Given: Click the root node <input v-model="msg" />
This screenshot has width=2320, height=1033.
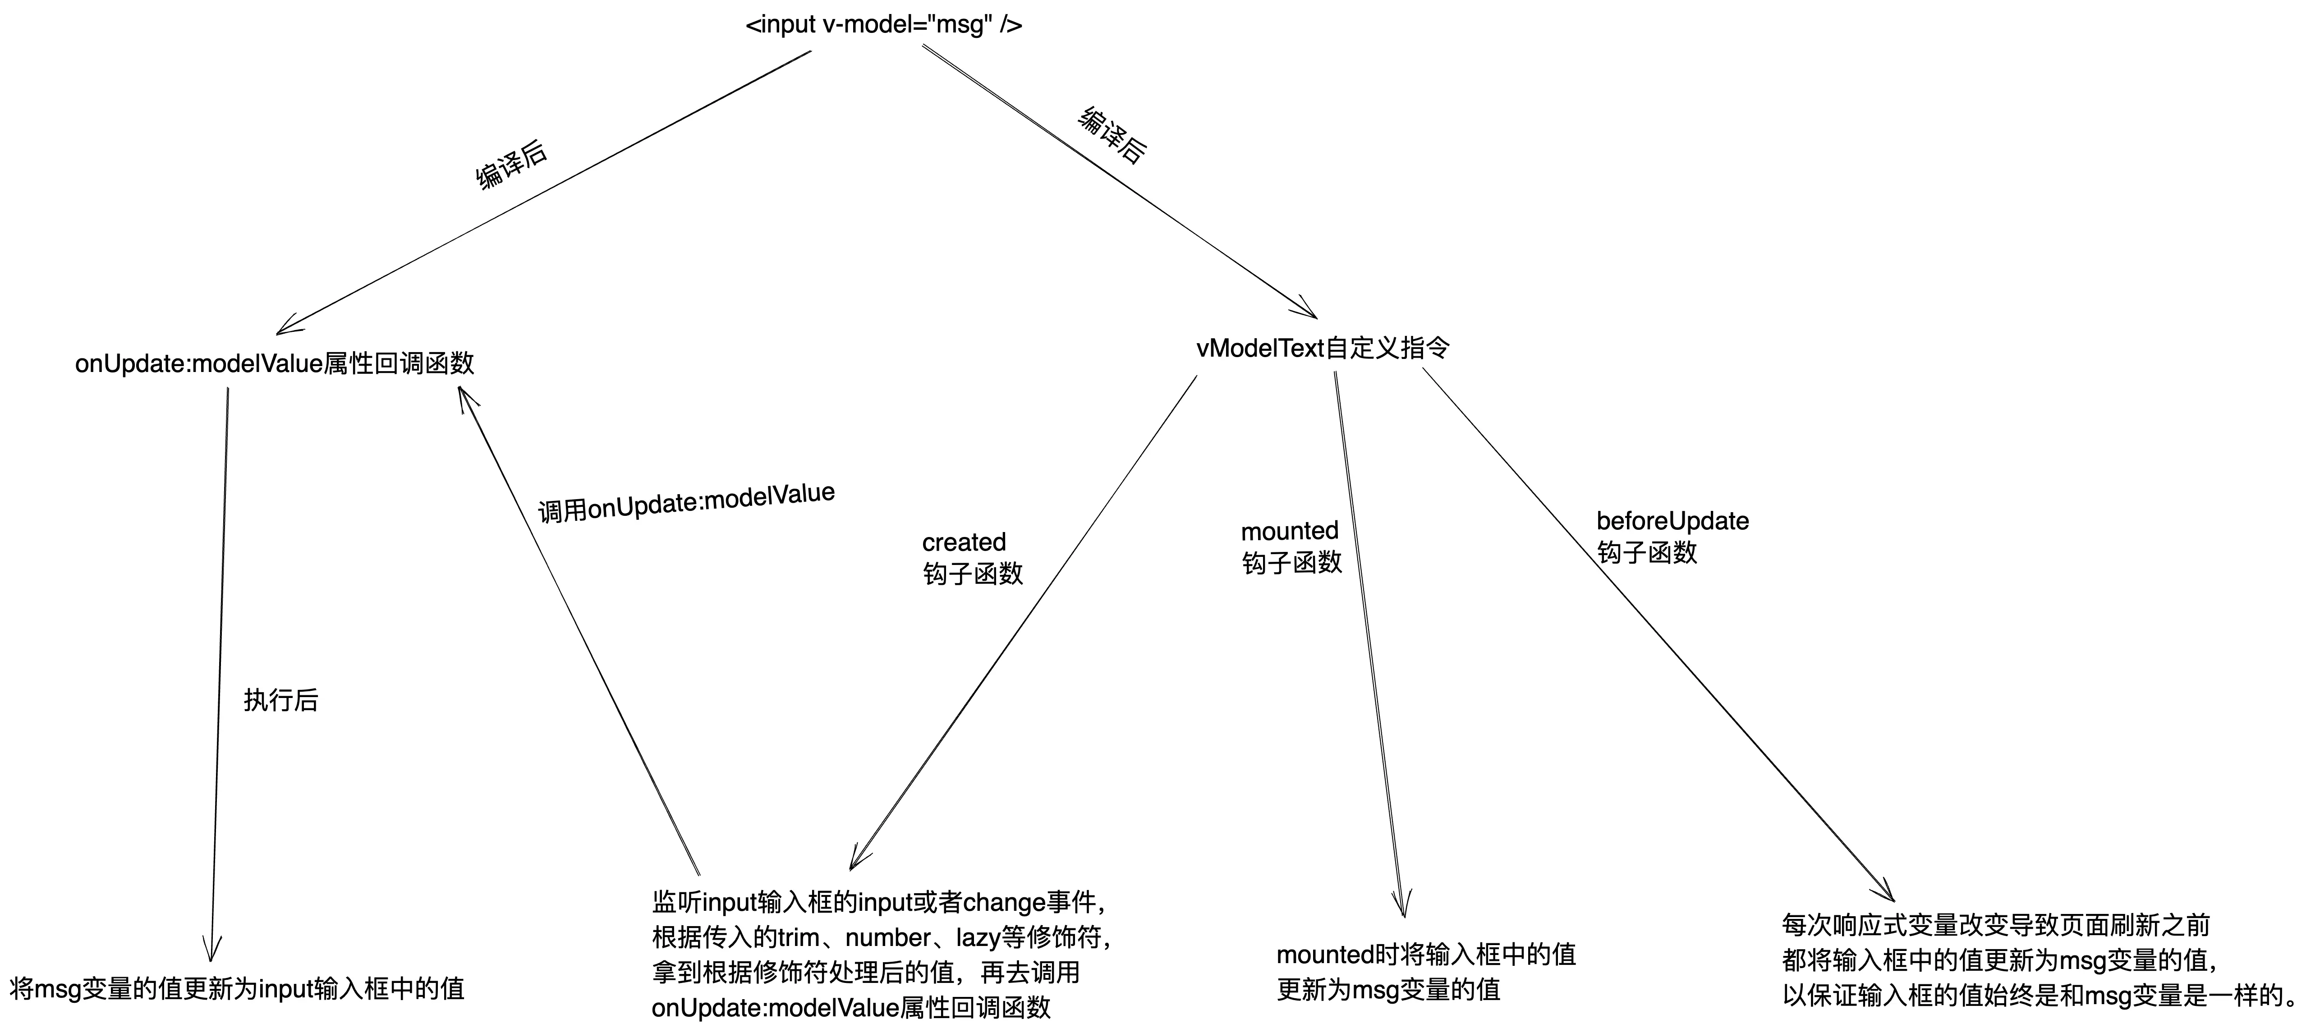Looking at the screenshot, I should point(883,24).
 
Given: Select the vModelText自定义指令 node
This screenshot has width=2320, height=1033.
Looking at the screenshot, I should point(1322,348).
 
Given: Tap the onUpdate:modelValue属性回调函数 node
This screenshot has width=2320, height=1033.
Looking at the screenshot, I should point(275,364).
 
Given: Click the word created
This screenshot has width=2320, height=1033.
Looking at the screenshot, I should point(964,542).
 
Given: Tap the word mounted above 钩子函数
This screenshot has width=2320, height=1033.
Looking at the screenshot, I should point(1290,530).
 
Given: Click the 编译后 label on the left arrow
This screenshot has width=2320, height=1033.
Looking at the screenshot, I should point(510,164).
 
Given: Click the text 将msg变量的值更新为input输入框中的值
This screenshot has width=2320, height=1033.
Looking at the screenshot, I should point(237,989).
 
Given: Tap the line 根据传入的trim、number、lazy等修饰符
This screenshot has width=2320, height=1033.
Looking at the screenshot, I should point(881,937).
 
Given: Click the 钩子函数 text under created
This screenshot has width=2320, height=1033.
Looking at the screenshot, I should point(973,574).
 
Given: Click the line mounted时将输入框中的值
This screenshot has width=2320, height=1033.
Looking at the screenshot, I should point(1426,955).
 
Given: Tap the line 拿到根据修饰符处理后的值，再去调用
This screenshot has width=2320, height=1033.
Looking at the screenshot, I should point(865,973).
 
